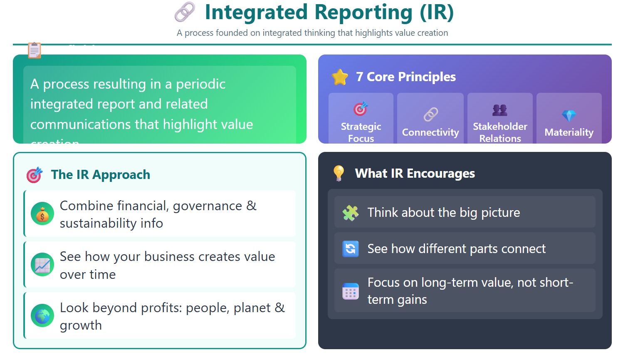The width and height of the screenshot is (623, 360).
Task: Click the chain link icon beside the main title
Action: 185,12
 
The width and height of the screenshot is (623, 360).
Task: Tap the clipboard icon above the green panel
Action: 35,50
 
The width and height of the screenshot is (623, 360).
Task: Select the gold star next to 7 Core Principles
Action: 340,77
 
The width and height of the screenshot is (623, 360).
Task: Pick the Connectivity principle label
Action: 430,132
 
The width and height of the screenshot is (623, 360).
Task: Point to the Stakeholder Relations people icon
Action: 499,110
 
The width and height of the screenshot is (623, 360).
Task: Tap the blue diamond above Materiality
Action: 569,115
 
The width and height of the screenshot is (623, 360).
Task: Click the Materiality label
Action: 569,132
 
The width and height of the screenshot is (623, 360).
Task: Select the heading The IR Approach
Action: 100,175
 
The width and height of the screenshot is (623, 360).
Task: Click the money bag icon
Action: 42,214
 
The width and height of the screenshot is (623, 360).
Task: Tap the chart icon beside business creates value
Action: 42,265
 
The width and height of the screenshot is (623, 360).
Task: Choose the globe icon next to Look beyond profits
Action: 42,316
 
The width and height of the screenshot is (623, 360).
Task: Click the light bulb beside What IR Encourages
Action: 339,173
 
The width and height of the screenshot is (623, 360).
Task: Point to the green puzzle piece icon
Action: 351,213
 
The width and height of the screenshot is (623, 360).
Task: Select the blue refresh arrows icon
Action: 351,249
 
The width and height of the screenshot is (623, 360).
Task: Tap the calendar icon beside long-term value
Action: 351,291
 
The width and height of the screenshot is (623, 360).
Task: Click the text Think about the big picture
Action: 444,213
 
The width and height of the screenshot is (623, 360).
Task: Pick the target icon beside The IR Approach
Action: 35,175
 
